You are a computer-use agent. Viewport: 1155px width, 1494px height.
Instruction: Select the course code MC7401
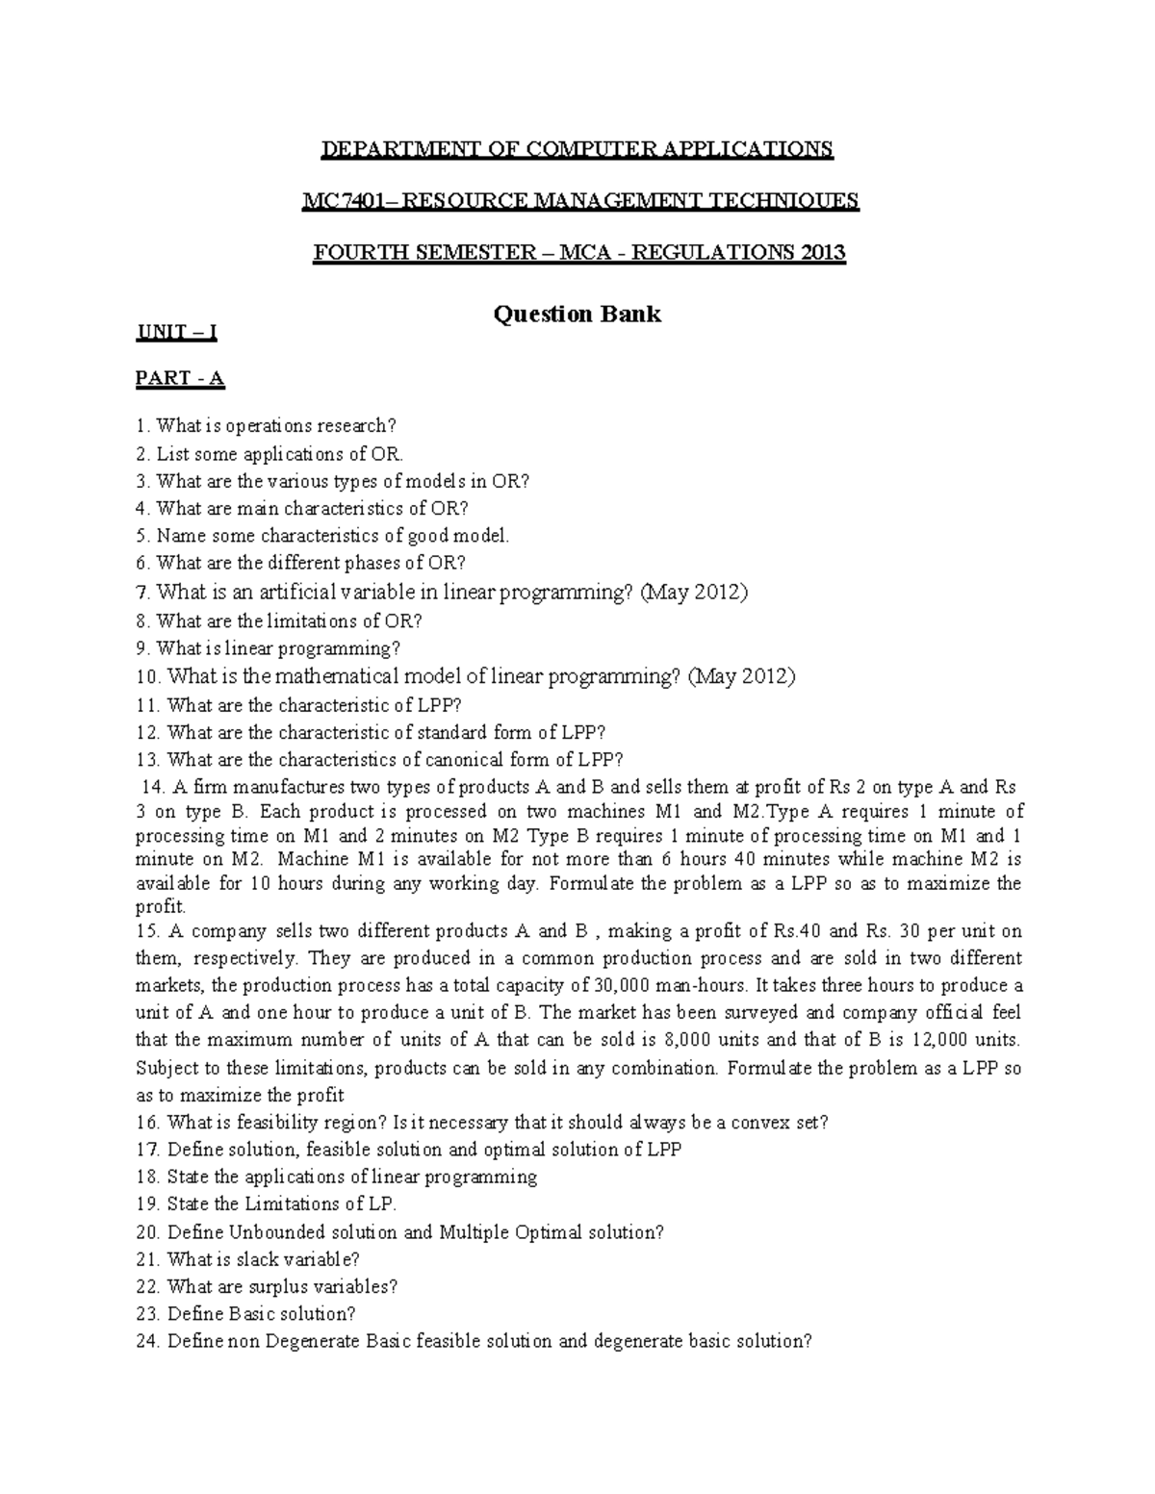coord(347,200)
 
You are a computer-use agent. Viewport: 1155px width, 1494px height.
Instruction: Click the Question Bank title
coord(577,314)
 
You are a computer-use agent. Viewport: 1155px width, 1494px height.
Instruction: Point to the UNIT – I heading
coord(176,333)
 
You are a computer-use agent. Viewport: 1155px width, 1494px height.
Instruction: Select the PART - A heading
coord(180,378)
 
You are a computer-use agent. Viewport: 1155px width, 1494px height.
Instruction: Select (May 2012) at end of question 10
coord(741,676)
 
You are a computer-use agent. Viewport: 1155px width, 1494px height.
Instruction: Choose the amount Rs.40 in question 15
coord(798,930)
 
